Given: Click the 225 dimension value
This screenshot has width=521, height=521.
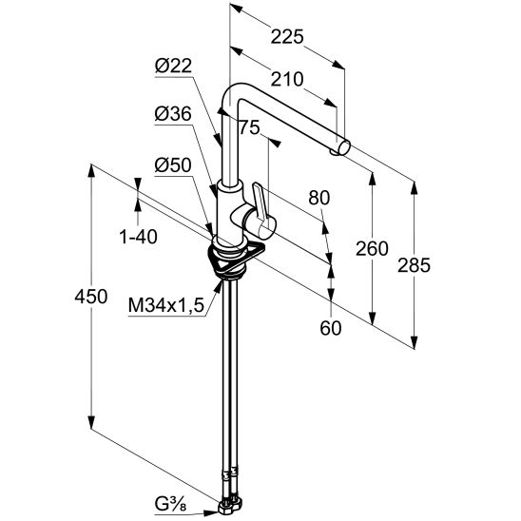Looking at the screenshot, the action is (x=287, y=36).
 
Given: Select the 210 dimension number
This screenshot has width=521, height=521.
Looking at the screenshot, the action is (x=287, y=80).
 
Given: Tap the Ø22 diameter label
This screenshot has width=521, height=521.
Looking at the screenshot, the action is (x=173, y=67).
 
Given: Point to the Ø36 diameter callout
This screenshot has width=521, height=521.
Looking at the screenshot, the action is (x=173, y=114).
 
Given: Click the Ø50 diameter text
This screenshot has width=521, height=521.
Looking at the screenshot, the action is (x=173, y=165).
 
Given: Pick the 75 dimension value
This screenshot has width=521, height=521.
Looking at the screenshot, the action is (x=249, y=127).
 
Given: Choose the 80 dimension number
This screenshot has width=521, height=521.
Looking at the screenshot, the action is (x=319, y=198).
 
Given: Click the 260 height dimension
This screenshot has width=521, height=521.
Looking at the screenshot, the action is (x=372, y=248).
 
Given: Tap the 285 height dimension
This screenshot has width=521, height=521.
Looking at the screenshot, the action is (x=414, y=265).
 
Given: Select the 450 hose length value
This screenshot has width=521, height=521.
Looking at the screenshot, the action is (x=90, y=297).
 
